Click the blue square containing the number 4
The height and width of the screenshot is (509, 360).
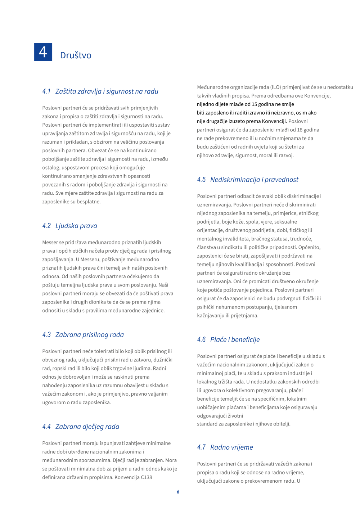pos(43,52)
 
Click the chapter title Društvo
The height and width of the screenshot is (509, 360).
pos(76,55)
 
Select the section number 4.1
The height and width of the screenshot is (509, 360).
pos(46,91)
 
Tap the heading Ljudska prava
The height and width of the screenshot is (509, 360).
pos(76,226)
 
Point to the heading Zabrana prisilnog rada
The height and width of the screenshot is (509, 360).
pos(90,335)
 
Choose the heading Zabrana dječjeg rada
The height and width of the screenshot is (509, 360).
pos(87,427)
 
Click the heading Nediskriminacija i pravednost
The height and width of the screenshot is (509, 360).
pos(254,180)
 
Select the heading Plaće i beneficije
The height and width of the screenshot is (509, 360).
pos(235,340)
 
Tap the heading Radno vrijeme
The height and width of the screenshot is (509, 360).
pos(231,447)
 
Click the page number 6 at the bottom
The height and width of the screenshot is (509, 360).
pos(178,492)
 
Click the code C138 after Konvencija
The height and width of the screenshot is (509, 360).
pos(146,477)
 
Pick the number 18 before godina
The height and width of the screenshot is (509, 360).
pos(300,130)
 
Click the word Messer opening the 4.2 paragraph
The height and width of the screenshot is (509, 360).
pos(50,243)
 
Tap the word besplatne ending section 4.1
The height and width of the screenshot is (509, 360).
pos(89,202)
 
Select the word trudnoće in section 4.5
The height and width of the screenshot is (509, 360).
pos(301,239)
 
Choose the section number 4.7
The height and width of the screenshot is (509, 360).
pos(201,447)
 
